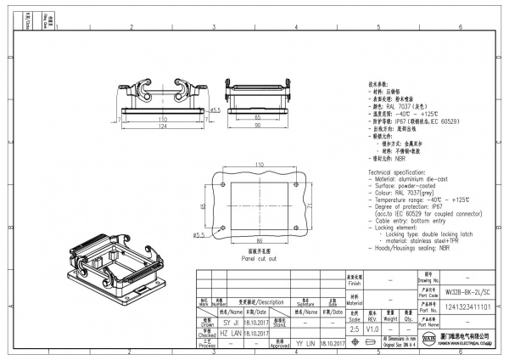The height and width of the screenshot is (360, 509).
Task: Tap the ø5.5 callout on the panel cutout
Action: click(x=200, y=235)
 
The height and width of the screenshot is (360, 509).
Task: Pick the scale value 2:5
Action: click(x=355, y=328)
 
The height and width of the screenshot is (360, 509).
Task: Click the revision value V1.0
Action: click(x=373, y=328)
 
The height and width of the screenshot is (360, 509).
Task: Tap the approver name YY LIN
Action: click(x=305, y=345)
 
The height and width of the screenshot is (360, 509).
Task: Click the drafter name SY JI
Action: click(x=230, y=323)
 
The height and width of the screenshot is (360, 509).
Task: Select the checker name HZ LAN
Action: click(x=230, y=334)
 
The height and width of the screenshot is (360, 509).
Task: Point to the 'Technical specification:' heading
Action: click(x=401, y=172)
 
